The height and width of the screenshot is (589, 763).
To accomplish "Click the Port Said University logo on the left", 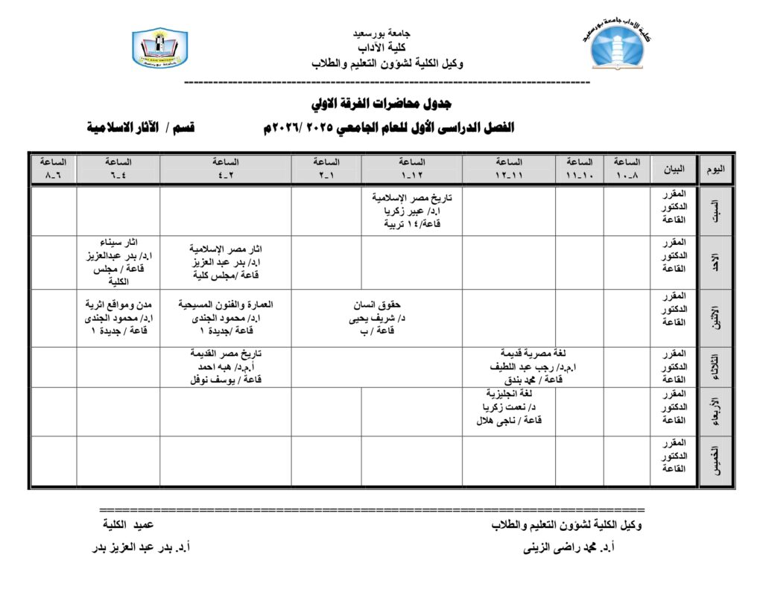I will coord(159,48).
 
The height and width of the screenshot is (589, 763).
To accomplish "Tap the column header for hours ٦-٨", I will coord(53,168).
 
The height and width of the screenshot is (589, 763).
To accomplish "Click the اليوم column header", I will coord(715,169).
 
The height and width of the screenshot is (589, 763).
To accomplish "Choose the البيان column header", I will coord(674,169).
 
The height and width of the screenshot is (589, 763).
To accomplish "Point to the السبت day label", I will coord(716,211).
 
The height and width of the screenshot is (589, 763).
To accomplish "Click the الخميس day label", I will coord(716,462).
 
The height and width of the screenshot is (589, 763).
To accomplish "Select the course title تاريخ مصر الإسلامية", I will coord(412,197).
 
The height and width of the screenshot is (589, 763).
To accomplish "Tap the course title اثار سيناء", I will coord(118,243).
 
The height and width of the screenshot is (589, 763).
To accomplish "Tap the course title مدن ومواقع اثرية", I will coord(118,305).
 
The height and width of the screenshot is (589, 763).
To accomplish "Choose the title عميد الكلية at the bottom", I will coord(128,525).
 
